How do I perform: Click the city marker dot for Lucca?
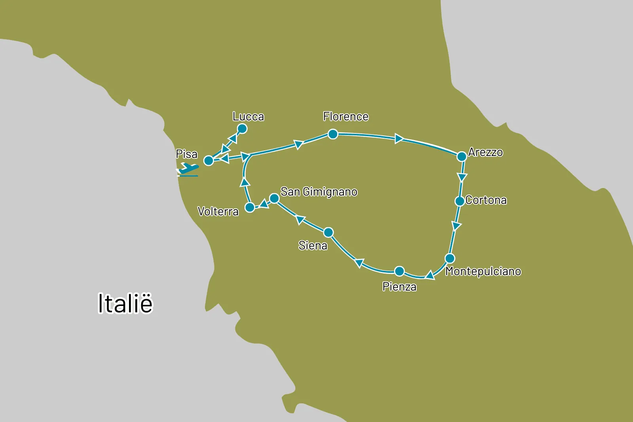242,129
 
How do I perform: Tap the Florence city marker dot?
333,134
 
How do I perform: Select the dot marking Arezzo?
461,156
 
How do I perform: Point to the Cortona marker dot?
459,201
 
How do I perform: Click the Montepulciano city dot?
450,259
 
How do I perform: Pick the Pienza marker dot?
399,271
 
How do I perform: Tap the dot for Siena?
328,232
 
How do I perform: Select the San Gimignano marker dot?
274,198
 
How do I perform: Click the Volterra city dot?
250,207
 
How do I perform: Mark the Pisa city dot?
208,160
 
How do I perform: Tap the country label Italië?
125,303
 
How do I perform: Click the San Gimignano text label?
319,192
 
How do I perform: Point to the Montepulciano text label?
483,271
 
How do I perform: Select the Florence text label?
345,116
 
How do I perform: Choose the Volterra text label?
218,211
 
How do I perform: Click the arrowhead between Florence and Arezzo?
399,139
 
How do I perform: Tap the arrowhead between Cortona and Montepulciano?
456,226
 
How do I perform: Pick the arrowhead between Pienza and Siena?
359,263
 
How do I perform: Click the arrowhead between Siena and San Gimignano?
301,220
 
